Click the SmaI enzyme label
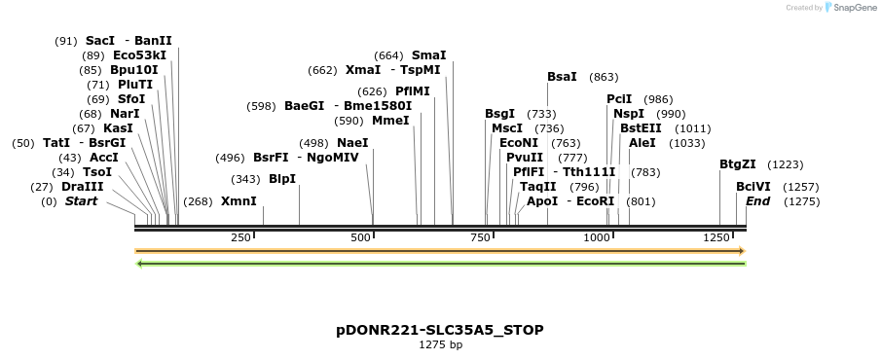[x=429, y=55]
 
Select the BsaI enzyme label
[x=562, y=77]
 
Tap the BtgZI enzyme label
[x=738, y=164]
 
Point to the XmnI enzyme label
[x=239, y=201]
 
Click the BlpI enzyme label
[x=281, y=179]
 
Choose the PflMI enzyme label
[x=413, y=91]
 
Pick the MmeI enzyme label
[x=389, y=121]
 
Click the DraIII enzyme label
[x=82, y=187]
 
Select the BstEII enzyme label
[x=640, y=127]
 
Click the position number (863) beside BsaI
[x=604, y=77]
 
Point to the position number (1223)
[x=786, y=164]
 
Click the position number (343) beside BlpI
[x=245, y=179]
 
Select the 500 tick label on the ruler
[x=361, y=238]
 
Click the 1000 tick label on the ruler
[x=597, y=238]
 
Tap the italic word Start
[x=81, y=201]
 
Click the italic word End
[x=757, y=201]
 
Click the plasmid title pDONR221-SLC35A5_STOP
[x=440, y=330]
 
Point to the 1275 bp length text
[x=440, y=344]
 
